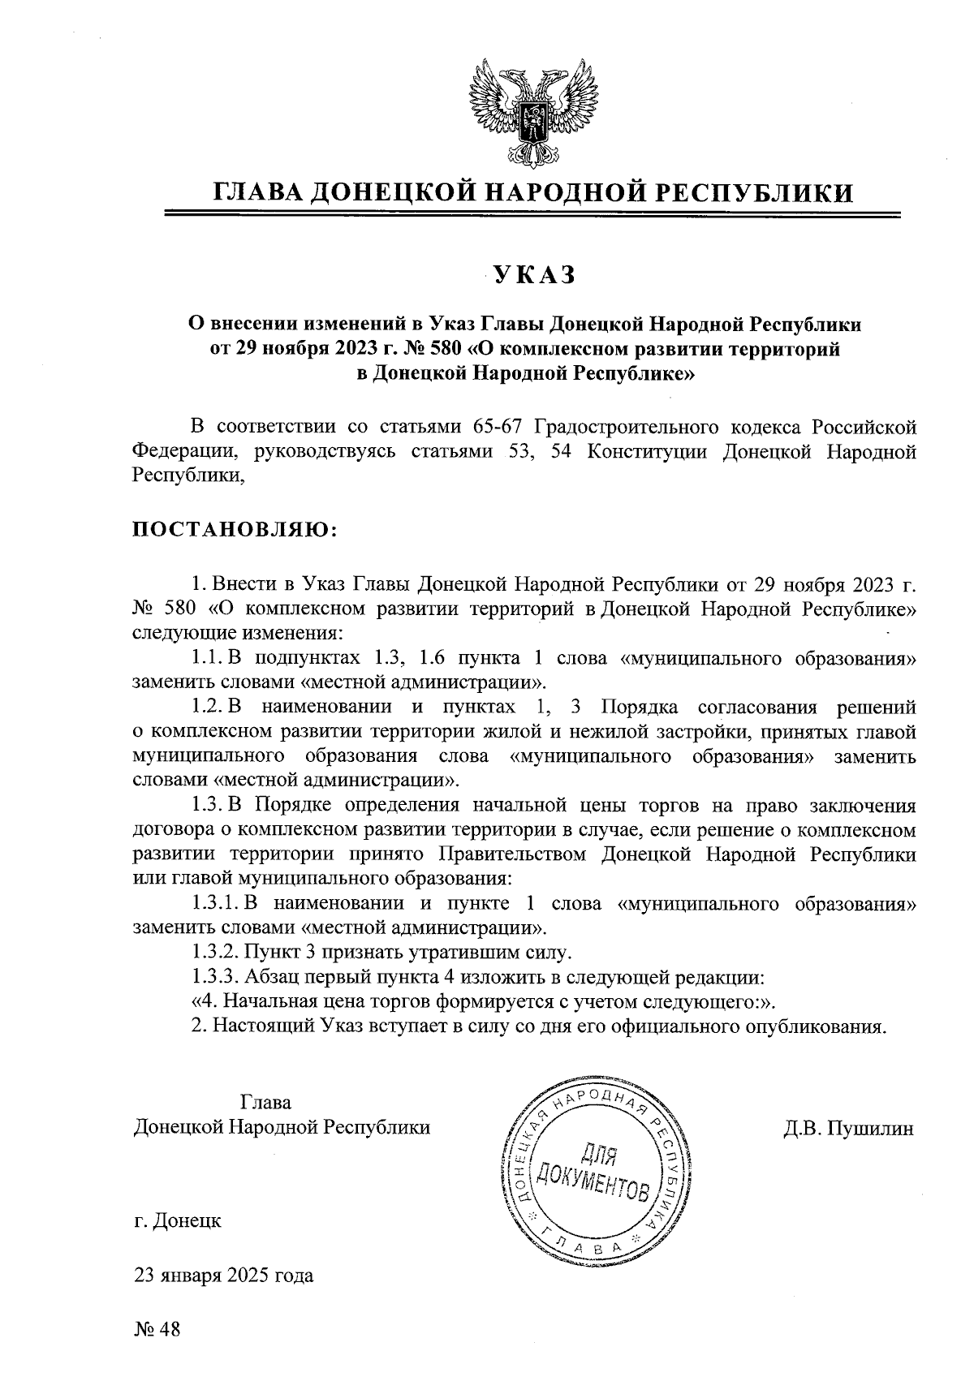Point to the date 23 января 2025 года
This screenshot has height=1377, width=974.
224,1275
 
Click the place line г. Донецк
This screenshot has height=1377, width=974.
178,1220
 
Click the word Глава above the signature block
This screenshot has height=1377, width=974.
266,1103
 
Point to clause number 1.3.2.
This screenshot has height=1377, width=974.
216,951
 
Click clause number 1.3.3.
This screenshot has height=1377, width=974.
216,976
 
